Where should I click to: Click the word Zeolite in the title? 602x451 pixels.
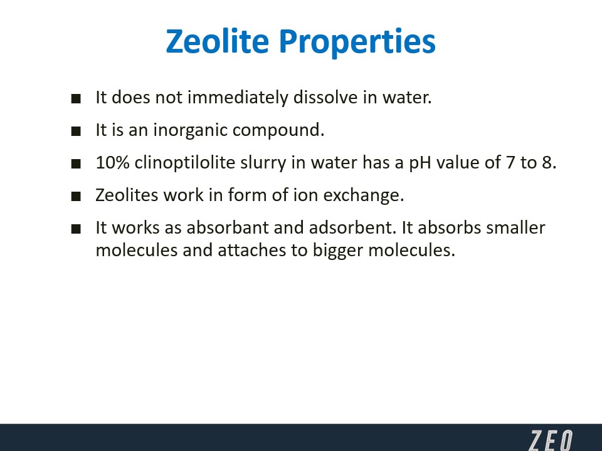218,41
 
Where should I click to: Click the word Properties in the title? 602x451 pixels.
357,43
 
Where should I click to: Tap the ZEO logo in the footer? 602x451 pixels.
551,440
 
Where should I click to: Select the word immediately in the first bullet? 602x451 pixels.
238,97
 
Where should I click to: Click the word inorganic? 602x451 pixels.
191,130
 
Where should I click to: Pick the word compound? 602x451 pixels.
278,130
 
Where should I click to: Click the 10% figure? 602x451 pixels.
112,162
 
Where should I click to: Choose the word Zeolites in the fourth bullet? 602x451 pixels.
127,195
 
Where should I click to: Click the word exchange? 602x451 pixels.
363,195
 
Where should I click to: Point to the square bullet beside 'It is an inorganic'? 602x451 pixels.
76,131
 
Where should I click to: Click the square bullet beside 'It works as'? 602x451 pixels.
76,229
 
